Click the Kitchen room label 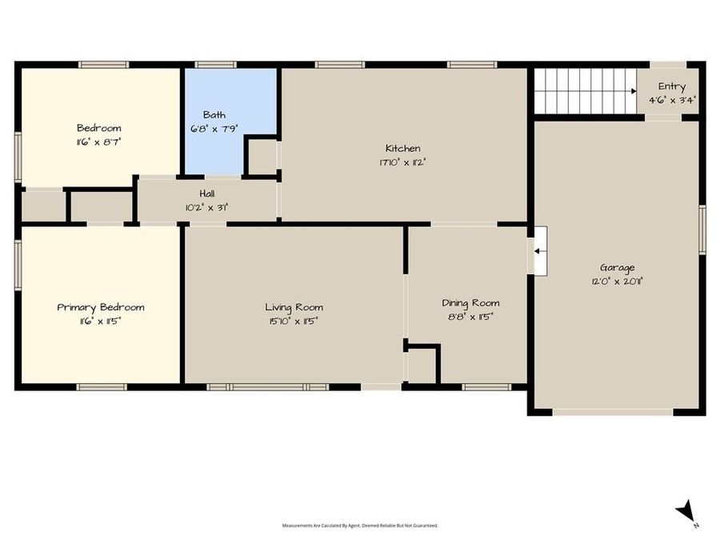(x=402, y=148)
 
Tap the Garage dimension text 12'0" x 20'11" (x=617, y=281)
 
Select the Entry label (x=671, y=86)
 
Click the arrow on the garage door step (x=540, y=251)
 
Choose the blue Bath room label (x=214, y=114)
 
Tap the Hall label (x=206, y=194)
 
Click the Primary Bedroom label (x=100, y=307)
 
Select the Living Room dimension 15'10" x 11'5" (x=294, y=321)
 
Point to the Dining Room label (x=470, y=302)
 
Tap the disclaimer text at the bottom (x=359, y=526)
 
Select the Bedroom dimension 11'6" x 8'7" (x=98, y=141)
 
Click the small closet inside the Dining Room (x=422, y=366)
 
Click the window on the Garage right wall (x=702, y=230)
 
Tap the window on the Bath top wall (x=215, y=65)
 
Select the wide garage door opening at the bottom (x=612, y=412)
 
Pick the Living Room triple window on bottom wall (x=267, y=387)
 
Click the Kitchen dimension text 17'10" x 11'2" (x=402, y=162)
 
